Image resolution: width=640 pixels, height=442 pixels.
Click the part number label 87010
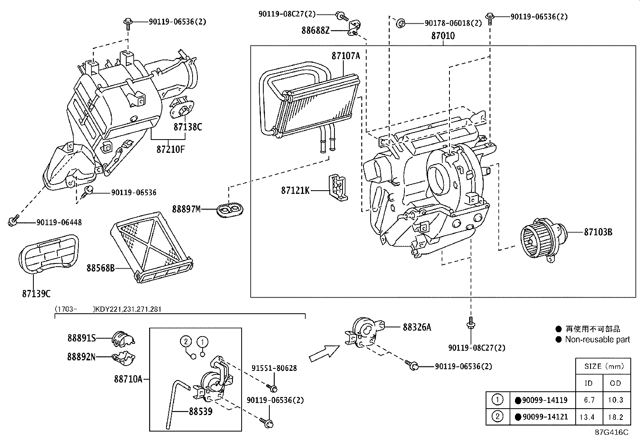[x=443, y=36]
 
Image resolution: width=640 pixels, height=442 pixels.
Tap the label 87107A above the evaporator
[x=345, y=56]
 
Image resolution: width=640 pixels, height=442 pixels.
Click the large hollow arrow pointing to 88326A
[x=322, y=353]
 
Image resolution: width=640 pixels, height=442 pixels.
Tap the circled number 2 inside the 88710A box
[x=186, y=342]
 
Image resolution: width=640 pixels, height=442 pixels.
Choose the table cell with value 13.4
[x=587, y=417]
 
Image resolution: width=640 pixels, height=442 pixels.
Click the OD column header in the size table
[x=615, y=383]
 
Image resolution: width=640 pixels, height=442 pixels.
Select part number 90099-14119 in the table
[x=545, y=400]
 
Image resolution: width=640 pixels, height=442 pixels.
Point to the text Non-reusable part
[x=597, y=339]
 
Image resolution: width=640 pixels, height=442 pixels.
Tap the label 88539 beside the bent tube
[x=200, y=412]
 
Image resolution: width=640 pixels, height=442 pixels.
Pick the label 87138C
[x=188, y=127]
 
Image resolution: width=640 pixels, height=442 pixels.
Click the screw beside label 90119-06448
[x=13, y=221]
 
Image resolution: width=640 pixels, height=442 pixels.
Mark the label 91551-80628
[x=274, y=368]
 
